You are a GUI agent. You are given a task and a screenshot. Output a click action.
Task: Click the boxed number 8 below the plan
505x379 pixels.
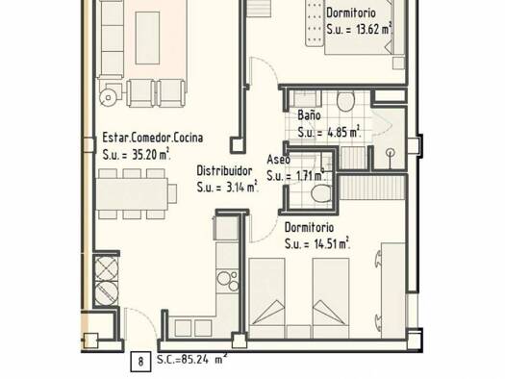click(x=140, y=362)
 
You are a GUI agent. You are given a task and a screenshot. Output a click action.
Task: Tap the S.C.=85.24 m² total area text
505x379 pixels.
click(x=192, y=359)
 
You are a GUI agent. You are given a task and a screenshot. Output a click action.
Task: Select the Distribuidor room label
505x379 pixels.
click(x=224, y=170)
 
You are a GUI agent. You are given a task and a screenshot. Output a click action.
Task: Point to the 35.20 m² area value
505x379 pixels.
click(x=151, y=155)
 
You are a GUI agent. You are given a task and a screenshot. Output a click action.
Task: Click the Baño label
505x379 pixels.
click(x=309, y=115)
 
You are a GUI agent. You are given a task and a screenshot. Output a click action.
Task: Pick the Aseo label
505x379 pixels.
click(x=278, y=159)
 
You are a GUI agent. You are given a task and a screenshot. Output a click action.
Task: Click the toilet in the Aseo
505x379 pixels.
click(x=321, y=193)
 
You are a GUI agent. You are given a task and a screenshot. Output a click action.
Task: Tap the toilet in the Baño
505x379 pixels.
click(x=345, y=101)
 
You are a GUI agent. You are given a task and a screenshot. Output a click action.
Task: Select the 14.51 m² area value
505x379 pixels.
click(x=332, y=243)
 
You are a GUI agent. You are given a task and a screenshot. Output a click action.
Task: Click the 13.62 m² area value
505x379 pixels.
click(x=374, y=29)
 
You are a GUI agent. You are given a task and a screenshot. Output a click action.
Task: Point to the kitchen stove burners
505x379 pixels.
click(x=228, y=281)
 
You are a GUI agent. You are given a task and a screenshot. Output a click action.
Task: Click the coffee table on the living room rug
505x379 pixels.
click(x=147, y=38)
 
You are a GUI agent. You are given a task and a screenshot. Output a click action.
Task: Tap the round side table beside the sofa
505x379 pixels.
click(x=108, y=97)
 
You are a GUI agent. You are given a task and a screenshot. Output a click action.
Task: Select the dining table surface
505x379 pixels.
click(x=132, y=194)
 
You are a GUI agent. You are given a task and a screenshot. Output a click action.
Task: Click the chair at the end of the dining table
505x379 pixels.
click(x=172, y=193)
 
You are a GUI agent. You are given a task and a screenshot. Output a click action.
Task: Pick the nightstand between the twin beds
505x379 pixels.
click(x=299, y=332)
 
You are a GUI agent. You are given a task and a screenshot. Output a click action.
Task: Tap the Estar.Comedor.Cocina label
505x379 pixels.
click(x=153, y=138)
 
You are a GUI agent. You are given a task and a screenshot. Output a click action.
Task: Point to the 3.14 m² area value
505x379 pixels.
click(x=241, y=187)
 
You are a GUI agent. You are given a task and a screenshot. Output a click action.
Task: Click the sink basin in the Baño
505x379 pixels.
click(x=305, y=98)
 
